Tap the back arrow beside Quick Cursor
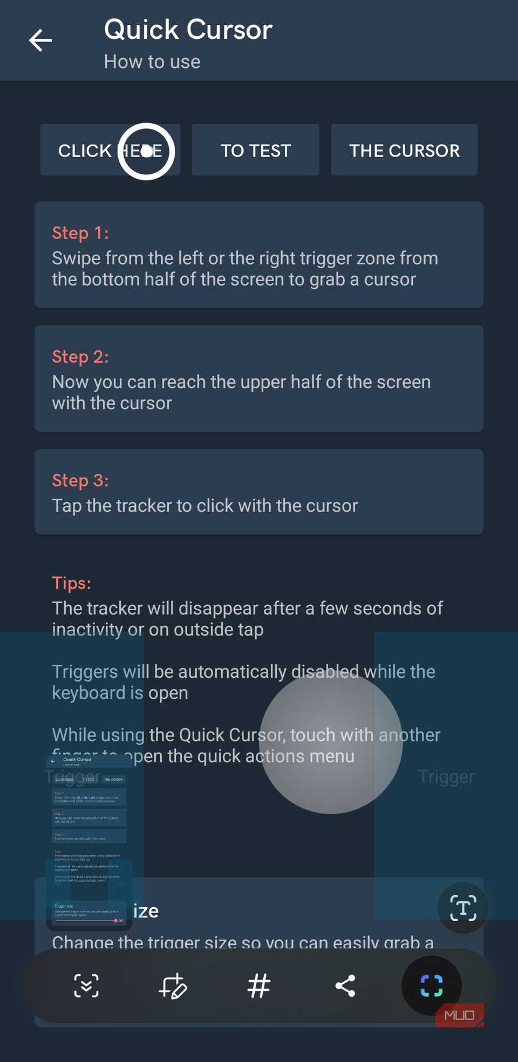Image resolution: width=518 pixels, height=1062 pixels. click(40, 40)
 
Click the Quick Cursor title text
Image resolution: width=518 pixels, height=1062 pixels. click(188, 30)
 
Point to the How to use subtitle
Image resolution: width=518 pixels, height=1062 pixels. click(152, 62)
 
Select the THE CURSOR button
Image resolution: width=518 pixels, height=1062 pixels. click(404, 151)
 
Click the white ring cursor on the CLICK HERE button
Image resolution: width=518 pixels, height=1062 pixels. click(146, 152)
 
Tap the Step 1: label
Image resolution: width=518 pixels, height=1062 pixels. click(80, 233)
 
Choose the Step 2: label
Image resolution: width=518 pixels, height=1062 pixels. click(80, 357)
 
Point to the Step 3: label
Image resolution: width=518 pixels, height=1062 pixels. click(80, 480)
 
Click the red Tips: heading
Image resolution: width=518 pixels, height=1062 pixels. click(71, 583)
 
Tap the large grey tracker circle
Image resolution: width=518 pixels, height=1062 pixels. click(331, 742)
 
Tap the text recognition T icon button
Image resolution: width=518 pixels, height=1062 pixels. click(463, 908)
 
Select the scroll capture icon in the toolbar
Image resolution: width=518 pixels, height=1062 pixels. click(86, 986)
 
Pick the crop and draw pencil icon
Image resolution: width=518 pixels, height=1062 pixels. click(173, 986)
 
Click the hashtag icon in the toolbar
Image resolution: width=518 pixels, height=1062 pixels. click(258, 986)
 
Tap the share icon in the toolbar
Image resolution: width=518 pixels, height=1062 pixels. click(345, 986)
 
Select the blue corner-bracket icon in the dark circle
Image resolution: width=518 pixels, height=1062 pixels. click(431, 986)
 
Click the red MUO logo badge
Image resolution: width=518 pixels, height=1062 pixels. click(459, 1015)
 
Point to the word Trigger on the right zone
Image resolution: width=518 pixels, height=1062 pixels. click(446, 777)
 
